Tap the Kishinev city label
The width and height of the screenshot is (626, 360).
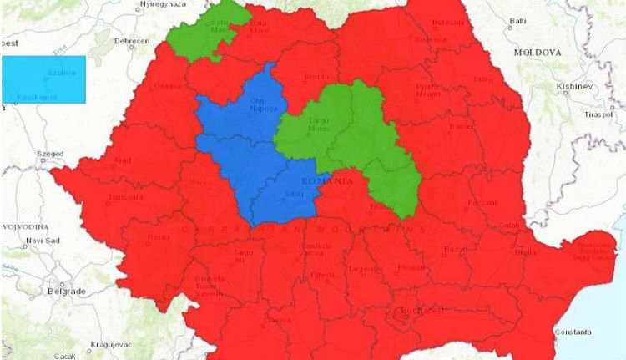click(x=575, y=86)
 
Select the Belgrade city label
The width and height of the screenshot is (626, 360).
click(x=68, y=291)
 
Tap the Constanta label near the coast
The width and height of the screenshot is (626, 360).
click(x=575, y=332)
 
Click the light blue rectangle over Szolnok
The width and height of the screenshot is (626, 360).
click(x=43, y=79)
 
